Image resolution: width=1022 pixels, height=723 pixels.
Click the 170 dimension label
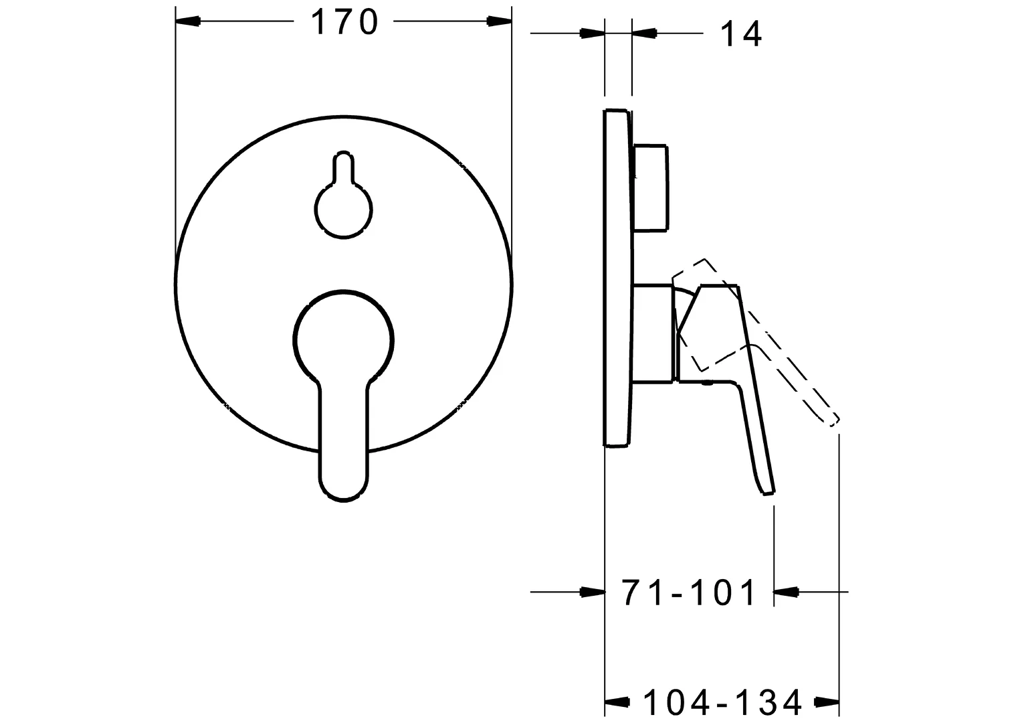coord(344,22)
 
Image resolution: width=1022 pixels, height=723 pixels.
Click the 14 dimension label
coord(741,34)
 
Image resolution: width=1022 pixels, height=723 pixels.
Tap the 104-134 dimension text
coord(722,702)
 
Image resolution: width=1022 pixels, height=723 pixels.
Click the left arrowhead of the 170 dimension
coord(188,21)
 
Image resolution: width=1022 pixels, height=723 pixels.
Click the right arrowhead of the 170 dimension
coord(499,21)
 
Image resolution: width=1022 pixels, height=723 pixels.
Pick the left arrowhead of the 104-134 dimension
coord(617,702)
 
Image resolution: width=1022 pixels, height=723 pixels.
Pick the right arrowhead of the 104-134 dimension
coord(827,702)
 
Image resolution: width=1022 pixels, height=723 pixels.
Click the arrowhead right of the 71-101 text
coord(787,592)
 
